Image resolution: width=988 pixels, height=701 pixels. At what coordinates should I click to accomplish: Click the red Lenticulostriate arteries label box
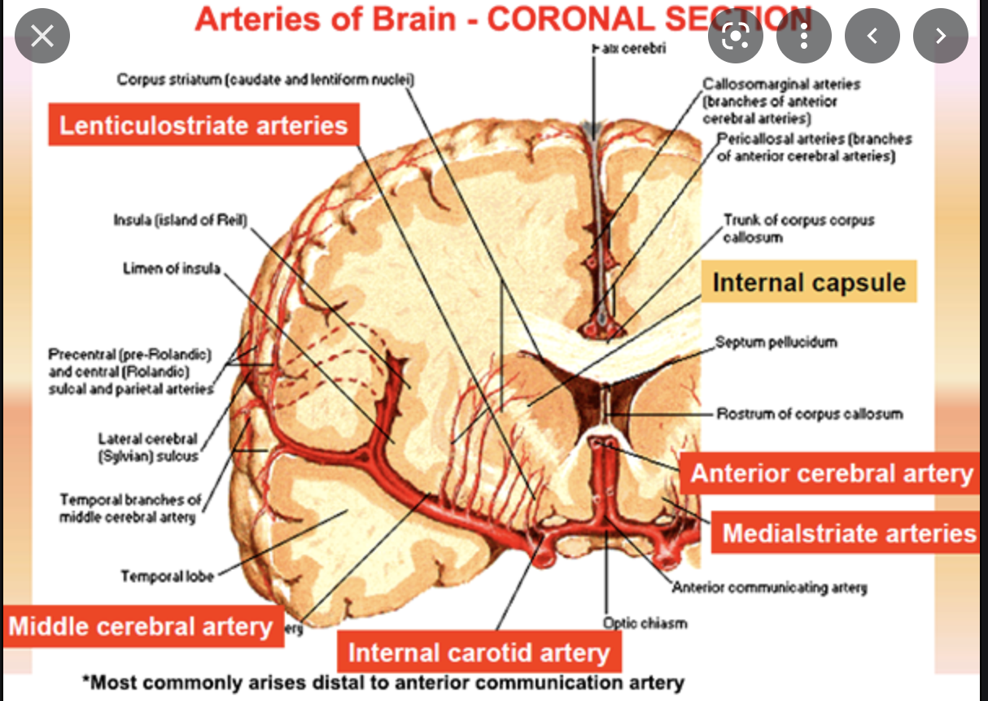[203, 125]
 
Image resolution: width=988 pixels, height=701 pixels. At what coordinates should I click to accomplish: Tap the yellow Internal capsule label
[809, 282]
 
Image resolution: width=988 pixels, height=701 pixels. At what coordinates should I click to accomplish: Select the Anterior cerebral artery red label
[832, 473]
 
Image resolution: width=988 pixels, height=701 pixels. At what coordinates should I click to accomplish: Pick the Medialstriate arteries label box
[848, 533]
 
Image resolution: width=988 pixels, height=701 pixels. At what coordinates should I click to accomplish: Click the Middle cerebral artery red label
[141, 626]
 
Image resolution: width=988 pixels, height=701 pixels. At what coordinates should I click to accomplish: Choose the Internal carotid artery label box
[479, 652]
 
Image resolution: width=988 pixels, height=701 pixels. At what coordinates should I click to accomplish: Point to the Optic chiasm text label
[645, 623]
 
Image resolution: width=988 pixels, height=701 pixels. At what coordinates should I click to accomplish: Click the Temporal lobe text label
[168, 577]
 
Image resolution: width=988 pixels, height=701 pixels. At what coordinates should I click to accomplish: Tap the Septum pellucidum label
[776, 342]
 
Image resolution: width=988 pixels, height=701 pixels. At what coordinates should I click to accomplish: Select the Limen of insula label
[172, 268]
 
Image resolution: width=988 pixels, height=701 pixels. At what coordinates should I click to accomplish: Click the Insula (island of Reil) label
[180, 220]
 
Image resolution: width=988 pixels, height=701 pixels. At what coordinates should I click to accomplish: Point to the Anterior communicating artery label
[769, 587]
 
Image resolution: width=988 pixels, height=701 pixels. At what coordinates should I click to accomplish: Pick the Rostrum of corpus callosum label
[809, 414]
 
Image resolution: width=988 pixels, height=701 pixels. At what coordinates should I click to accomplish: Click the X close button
[42, 36]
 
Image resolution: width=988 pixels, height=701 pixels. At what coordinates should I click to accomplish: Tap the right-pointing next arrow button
[941, 36]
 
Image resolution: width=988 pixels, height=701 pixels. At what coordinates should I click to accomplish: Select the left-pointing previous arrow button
[872, 36]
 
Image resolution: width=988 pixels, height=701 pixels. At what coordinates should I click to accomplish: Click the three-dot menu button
[804, 36]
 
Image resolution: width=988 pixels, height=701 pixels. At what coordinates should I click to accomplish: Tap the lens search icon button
[736, 36]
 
